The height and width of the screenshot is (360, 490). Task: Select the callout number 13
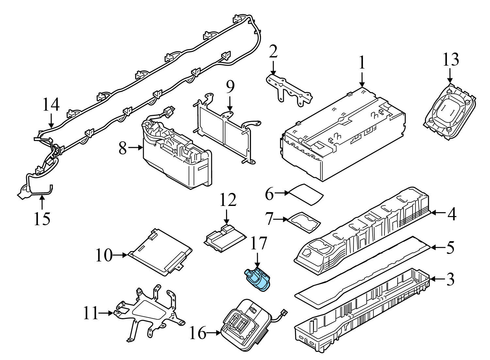(451, 60)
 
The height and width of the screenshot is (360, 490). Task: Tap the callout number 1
(361, 63)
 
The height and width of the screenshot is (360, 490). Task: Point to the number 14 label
(51, 105)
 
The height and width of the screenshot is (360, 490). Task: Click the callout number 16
(198, 334)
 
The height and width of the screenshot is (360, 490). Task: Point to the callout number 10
(104, 255)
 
